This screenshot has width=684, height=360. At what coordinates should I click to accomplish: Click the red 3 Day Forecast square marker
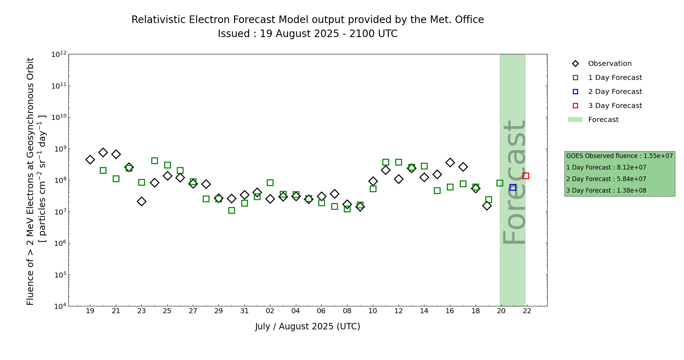pos(526,176)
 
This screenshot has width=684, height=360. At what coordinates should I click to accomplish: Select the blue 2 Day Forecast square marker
pos(513,187)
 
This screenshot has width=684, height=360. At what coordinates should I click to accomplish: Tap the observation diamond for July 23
pos(141,201)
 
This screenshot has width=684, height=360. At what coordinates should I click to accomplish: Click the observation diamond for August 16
pos(450,162)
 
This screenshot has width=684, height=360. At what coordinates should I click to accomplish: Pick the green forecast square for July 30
pos(231,210)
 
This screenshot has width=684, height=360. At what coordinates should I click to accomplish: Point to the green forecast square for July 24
pos(154,161)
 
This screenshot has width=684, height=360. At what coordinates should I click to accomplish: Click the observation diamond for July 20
pos(103,152)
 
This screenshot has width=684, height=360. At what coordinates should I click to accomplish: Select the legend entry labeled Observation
pos(609,64)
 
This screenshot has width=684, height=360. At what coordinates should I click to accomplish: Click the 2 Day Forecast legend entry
pos(615,92)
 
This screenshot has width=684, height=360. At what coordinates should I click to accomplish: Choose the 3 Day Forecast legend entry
pos(615,106)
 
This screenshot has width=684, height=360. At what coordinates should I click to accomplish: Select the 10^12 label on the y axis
pos(59,54)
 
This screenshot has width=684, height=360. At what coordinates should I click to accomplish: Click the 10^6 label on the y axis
pos(59,243)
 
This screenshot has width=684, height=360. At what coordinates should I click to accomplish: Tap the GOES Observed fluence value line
pos(619,156)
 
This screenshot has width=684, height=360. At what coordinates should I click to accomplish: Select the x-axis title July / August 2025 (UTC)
pos(307,327)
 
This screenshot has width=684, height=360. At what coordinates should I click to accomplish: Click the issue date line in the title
pos(307,34)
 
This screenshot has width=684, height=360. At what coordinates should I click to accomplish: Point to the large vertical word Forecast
pos(514,182)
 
